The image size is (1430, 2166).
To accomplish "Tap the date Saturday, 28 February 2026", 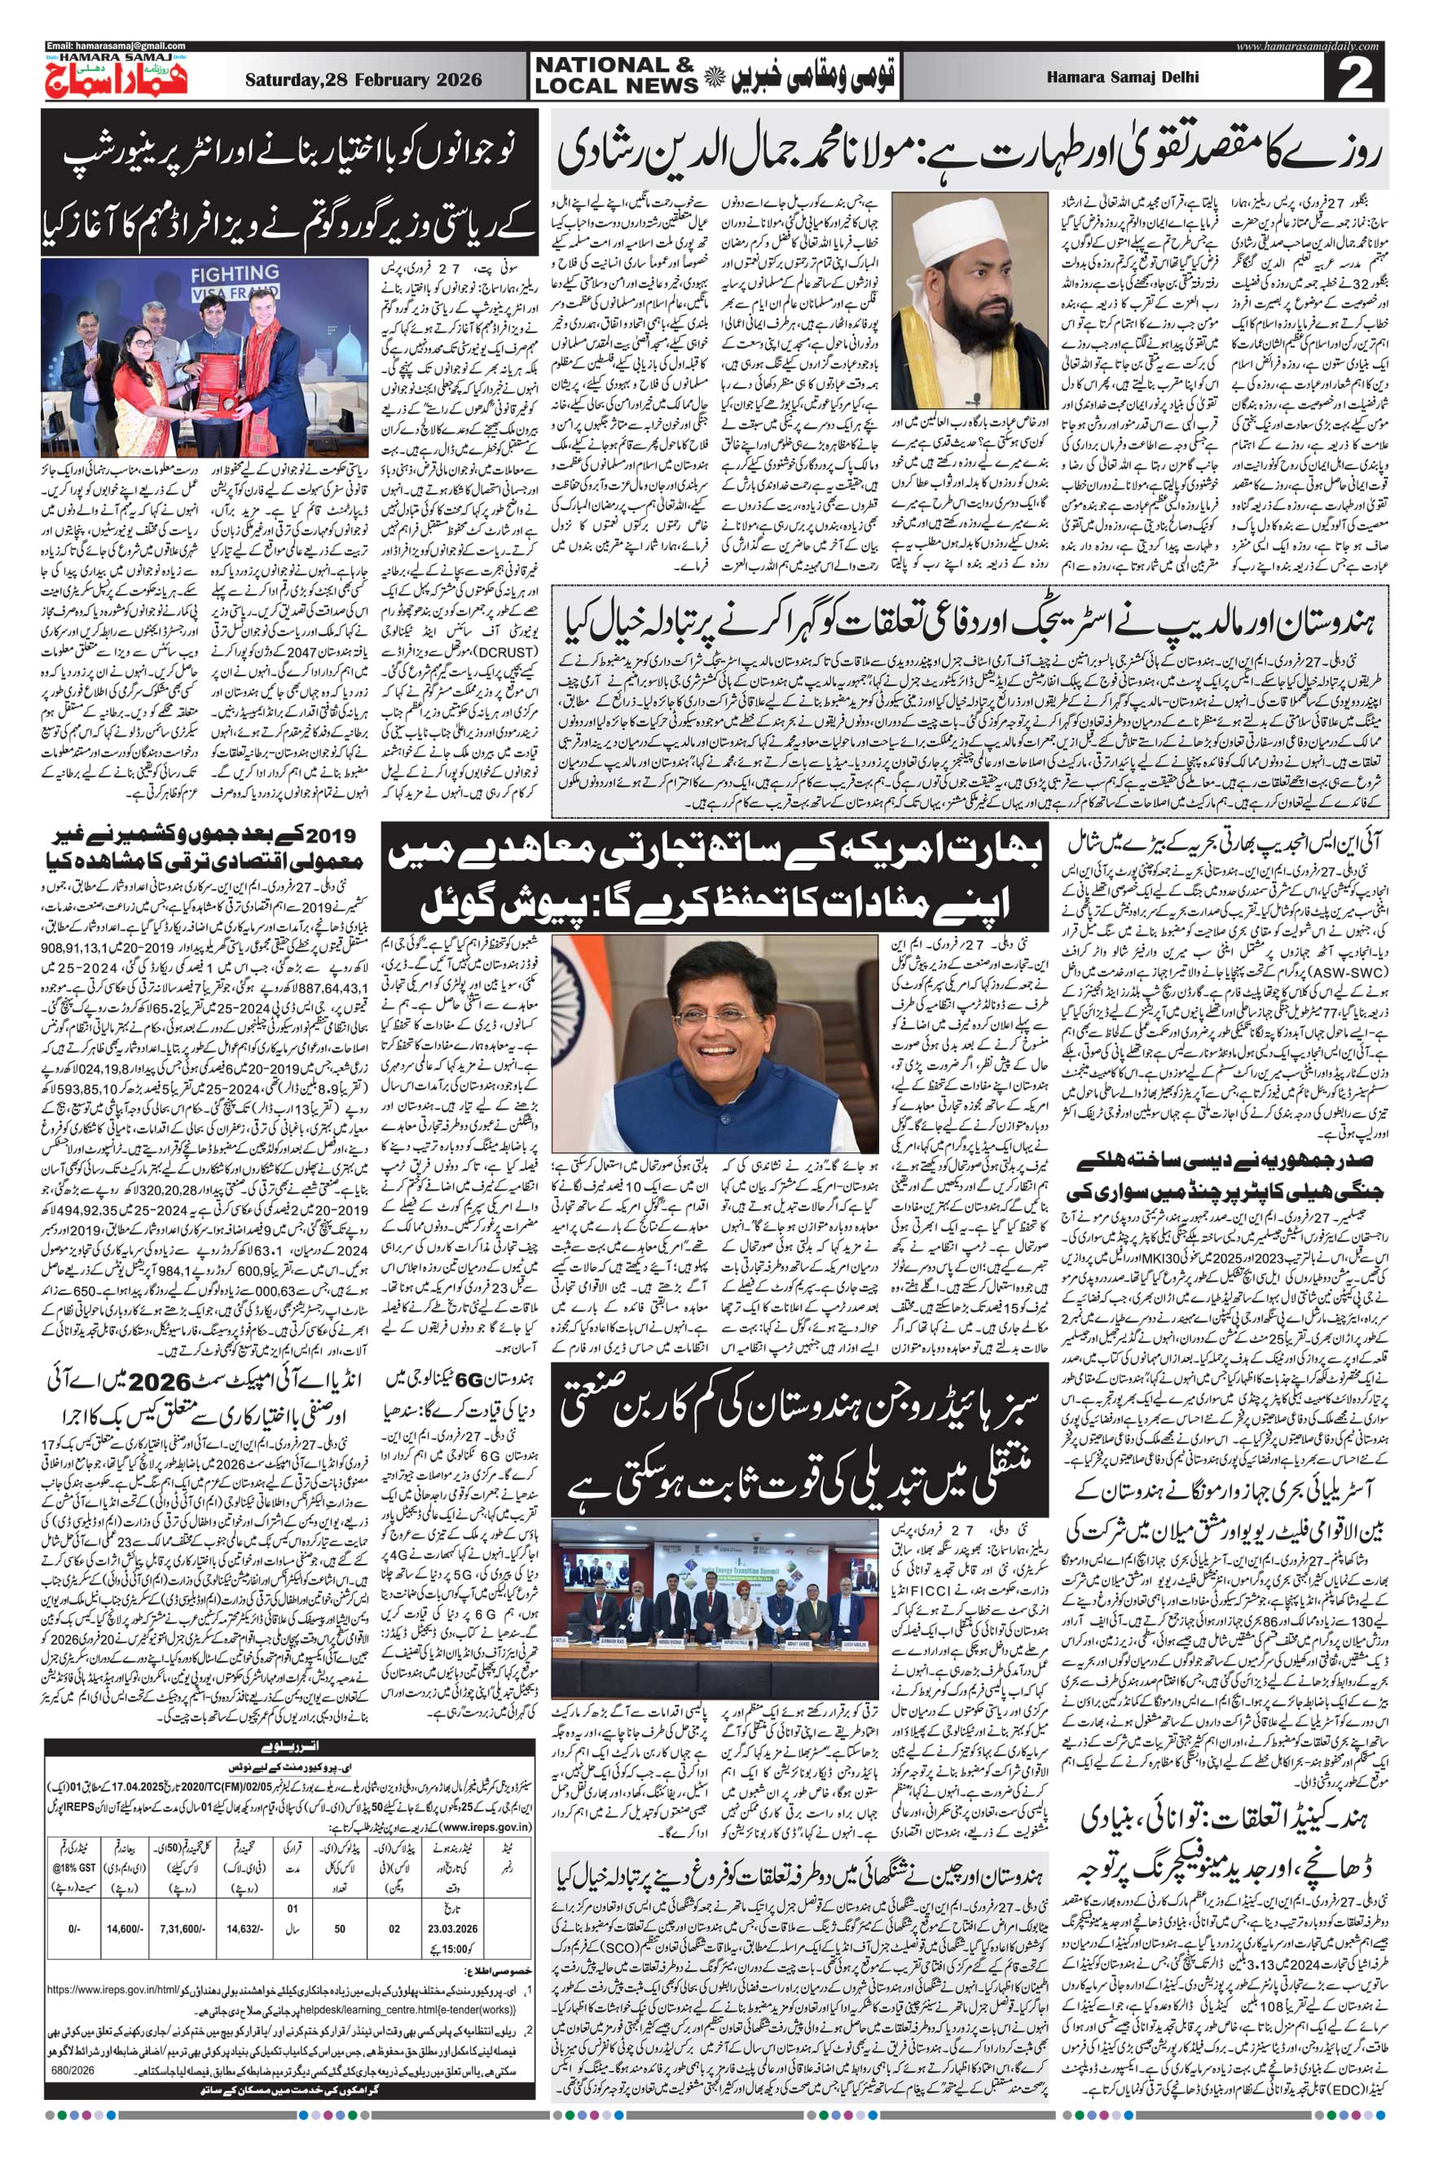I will (363, 80).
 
